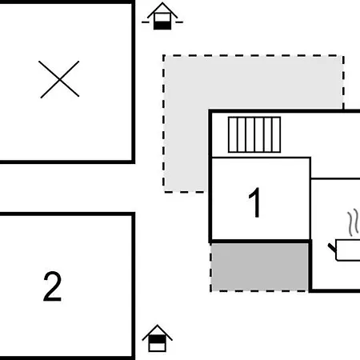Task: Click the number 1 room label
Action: (x=255, y=202)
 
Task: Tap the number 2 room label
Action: (x=52, y=286)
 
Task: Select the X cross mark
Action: (x=59, y=79)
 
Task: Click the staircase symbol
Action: (x=254, y=134)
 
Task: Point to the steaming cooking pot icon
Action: (x=345, y=242)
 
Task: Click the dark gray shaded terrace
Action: (x=259, y=267)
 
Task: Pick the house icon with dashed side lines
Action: (x=162, y=16)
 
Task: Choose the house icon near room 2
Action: (x=157, y=338)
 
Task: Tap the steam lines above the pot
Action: (x=353, y=223)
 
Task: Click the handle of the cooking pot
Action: (x=332, y=248)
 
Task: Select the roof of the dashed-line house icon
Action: (x=162, y=10)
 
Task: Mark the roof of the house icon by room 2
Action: (x=157, y=332)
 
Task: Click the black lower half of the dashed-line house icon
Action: (x=162, y=26)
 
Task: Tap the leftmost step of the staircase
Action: (x=233, y=134)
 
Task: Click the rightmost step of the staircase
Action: (x=276, y=134)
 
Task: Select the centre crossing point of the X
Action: (x=59, y=79)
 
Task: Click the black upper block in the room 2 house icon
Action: (x=157, y=339)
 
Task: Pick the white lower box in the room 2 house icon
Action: (x=157, y=347)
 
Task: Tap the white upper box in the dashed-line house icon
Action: (x=162, y=18)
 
